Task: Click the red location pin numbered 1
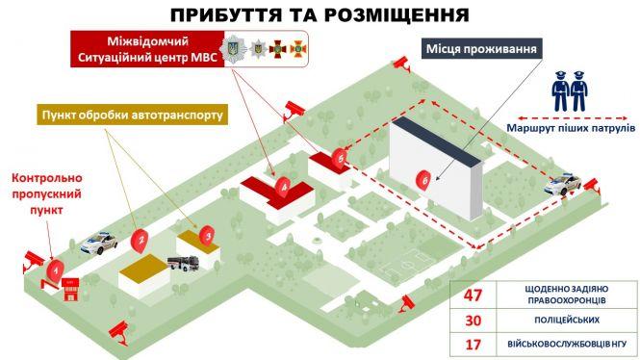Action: tap(57, 270)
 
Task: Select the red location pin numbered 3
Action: tap(206, 232)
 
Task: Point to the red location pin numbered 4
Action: tap(281, 183)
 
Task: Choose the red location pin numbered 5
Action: tap(337, 156)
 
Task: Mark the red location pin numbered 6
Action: tap(423, 179)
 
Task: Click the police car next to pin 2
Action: tap(100, 243)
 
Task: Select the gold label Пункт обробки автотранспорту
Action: tap(131, 116)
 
